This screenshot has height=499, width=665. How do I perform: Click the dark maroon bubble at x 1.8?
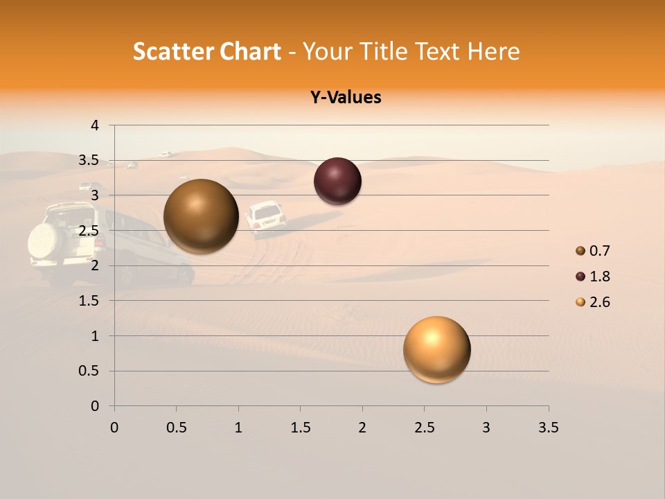(x=337, y=181)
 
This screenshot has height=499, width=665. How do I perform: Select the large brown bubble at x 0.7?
(x=201, y=216)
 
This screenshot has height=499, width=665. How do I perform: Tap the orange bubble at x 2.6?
(x=436, y=349)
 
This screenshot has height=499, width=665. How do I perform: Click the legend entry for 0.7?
(x=593, y=251)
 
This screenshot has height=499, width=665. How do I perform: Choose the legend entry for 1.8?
(x=593, y=277)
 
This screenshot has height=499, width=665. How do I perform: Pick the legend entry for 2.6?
(x=593, y=302)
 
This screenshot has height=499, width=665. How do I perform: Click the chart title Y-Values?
(x=346, y=97)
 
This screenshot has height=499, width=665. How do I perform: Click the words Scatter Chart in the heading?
(x=206, y=51)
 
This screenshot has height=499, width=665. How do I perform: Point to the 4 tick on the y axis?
(x=95, y=125)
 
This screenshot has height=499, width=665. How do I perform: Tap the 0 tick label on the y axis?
(x=95, y=406)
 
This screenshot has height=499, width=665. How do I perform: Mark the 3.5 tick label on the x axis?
(x=548, y=428)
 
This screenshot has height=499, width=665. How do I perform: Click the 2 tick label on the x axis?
(x=362, y=428)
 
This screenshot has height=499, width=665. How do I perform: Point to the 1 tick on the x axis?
(x=238, y=428)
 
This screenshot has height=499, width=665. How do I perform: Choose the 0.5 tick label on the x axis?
(x=176, y=428)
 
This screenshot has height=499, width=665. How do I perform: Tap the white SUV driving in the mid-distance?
(x=266, y=217)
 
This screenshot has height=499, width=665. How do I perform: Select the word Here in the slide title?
(x=493, y=51)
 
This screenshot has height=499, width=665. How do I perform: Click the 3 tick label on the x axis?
(x=486, y=428)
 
